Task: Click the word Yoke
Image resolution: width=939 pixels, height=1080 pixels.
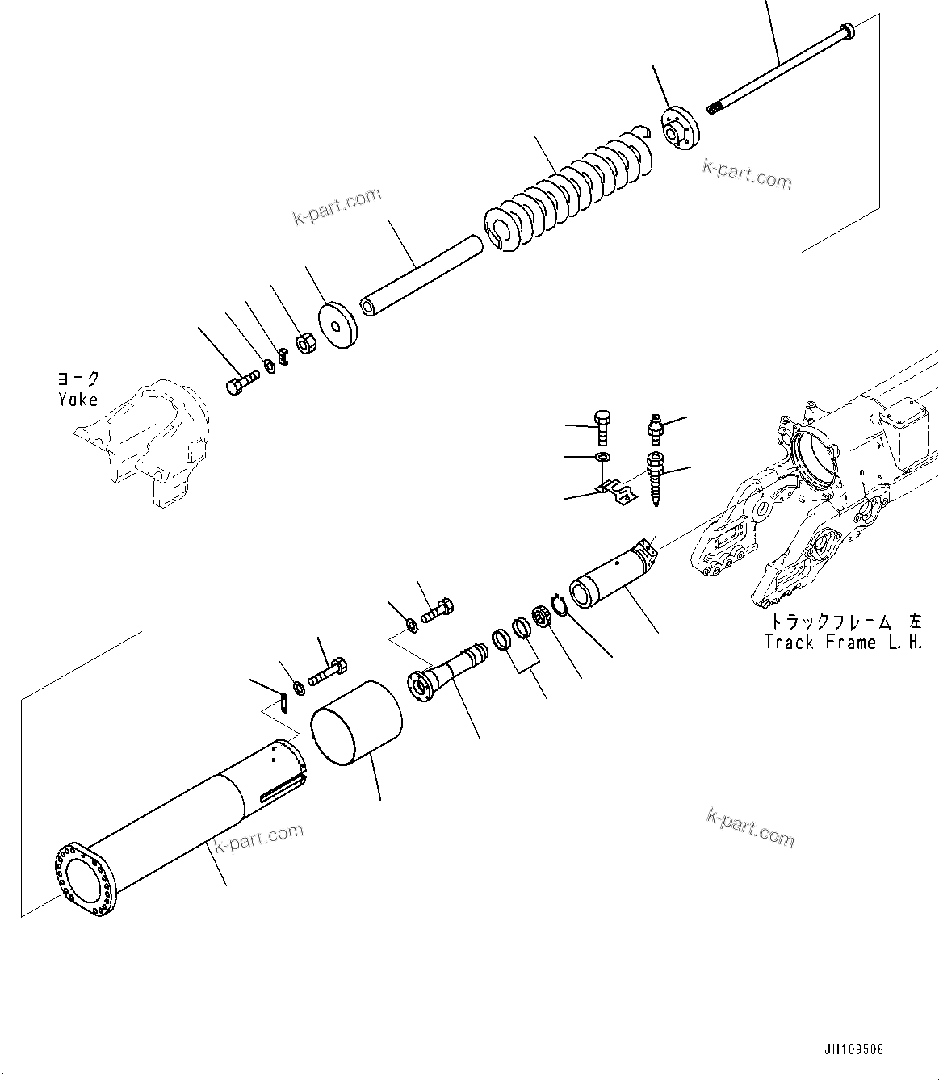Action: pos(78,400)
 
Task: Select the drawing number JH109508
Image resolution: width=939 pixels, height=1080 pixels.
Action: pos(854,1050)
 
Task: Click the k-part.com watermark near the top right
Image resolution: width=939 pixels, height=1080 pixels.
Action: pos(747,174)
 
